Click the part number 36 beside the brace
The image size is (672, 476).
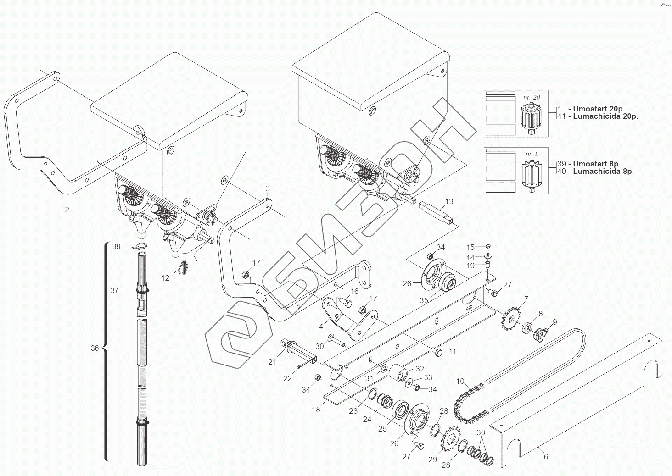95,348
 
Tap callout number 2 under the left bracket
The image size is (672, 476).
67,210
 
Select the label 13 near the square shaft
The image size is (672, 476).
449,201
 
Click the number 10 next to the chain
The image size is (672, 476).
460,382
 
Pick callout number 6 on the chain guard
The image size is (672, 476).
546,457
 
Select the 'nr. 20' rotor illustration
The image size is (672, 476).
532,119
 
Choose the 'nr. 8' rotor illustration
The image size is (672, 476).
532,177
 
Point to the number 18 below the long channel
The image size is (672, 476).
316,410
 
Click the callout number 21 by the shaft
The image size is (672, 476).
272,362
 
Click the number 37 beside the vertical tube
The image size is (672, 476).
115,290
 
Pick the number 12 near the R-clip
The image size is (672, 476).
165,277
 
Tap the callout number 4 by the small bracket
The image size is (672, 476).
321,327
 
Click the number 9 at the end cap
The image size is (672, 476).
554,322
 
